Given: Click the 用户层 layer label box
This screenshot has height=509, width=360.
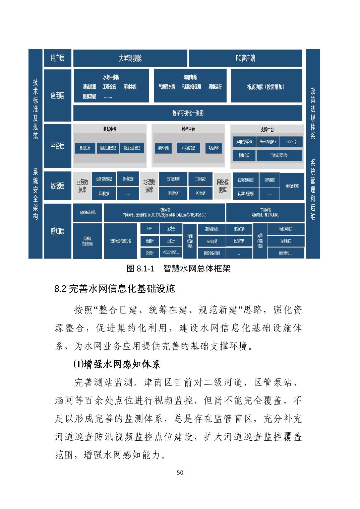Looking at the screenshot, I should (57, 58).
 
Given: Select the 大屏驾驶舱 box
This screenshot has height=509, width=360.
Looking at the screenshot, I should (130, 58).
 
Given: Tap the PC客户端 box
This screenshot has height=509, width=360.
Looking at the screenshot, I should (245, 58).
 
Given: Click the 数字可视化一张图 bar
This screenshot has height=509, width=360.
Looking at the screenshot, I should (188, 113).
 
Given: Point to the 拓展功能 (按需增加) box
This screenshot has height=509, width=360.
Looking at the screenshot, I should (266, 86).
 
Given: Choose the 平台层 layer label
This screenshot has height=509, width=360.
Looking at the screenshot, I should (57, 146).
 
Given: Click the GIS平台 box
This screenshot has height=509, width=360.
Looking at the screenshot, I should (291, 142).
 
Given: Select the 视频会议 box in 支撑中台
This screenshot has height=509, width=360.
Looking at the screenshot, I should (244, 155).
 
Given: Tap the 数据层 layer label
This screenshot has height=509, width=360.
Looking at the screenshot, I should (57, 186).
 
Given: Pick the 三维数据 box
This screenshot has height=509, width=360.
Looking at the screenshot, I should (200, 179).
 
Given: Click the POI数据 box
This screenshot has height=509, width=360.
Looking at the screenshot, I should (200, 193).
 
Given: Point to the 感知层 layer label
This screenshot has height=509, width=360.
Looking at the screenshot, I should (57, 231).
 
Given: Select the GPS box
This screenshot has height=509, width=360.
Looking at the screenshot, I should (149, 229).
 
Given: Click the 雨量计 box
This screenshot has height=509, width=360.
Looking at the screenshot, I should (149, 241).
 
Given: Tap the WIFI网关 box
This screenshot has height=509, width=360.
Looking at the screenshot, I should (286, 241).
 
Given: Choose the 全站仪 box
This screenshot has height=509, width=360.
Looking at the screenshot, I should (171, 229).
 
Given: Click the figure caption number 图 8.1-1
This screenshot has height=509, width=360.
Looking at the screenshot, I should (140, 269).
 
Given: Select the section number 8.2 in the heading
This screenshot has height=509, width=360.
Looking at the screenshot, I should (61, 289).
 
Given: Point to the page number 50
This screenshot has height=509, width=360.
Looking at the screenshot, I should (180, 473).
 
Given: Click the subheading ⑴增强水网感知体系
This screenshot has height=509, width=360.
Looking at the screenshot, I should (117, 364).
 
